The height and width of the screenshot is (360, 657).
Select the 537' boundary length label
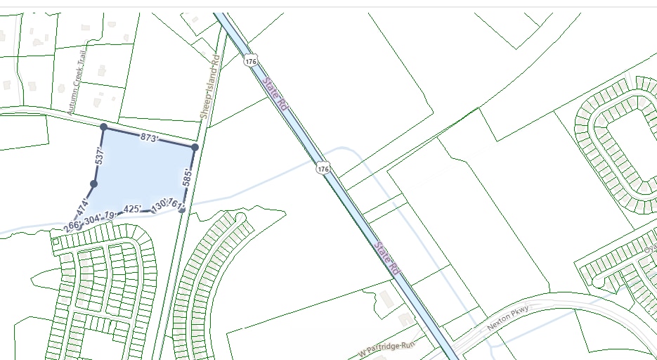point(100,156)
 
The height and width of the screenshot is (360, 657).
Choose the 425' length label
point(132,209)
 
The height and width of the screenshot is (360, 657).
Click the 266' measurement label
point(71,226)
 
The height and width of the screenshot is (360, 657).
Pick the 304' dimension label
point(92,219)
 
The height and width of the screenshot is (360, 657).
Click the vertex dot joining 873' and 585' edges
point(195,147)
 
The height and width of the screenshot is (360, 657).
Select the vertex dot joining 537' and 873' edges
point(103,127)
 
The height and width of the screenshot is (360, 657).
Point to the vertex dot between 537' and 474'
point(93,184)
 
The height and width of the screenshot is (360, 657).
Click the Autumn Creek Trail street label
point(79,86)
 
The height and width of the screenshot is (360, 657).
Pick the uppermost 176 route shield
point(251,61)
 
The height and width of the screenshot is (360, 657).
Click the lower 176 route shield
point(323,169)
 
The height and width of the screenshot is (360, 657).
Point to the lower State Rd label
point(387,259)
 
